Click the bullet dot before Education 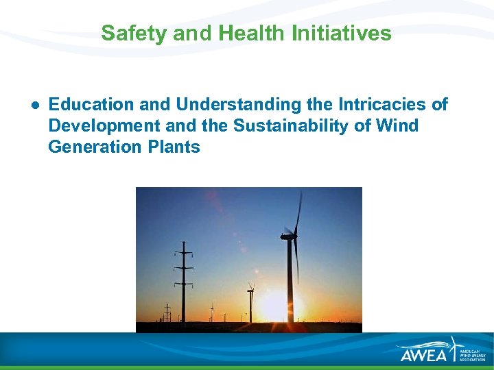pos(33,105)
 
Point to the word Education pos(91,105)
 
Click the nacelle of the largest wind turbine pos(289,237)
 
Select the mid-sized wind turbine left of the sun pos(250,301)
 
